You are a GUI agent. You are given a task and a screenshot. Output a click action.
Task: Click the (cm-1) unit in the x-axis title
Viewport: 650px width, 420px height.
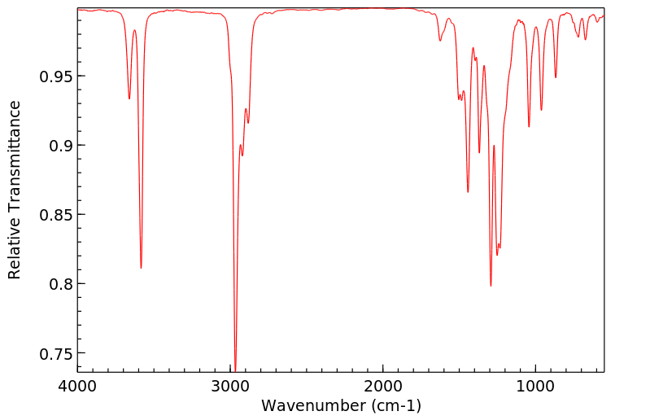(395, 405)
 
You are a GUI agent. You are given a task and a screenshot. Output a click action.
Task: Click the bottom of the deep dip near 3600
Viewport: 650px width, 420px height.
(142, 268)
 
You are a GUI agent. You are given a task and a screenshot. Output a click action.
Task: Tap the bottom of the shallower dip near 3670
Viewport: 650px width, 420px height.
(129, 99)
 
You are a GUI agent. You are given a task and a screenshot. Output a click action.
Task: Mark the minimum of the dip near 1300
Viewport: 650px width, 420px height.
(491, 286)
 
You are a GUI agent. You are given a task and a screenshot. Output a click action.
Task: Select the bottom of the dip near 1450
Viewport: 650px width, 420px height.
(468, 192)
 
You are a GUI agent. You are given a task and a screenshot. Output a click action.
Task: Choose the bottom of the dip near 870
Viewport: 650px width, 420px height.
(556, 77)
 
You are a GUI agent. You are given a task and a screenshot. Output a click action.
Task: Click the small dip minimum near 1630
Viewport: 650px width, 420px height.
(440, 41)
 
